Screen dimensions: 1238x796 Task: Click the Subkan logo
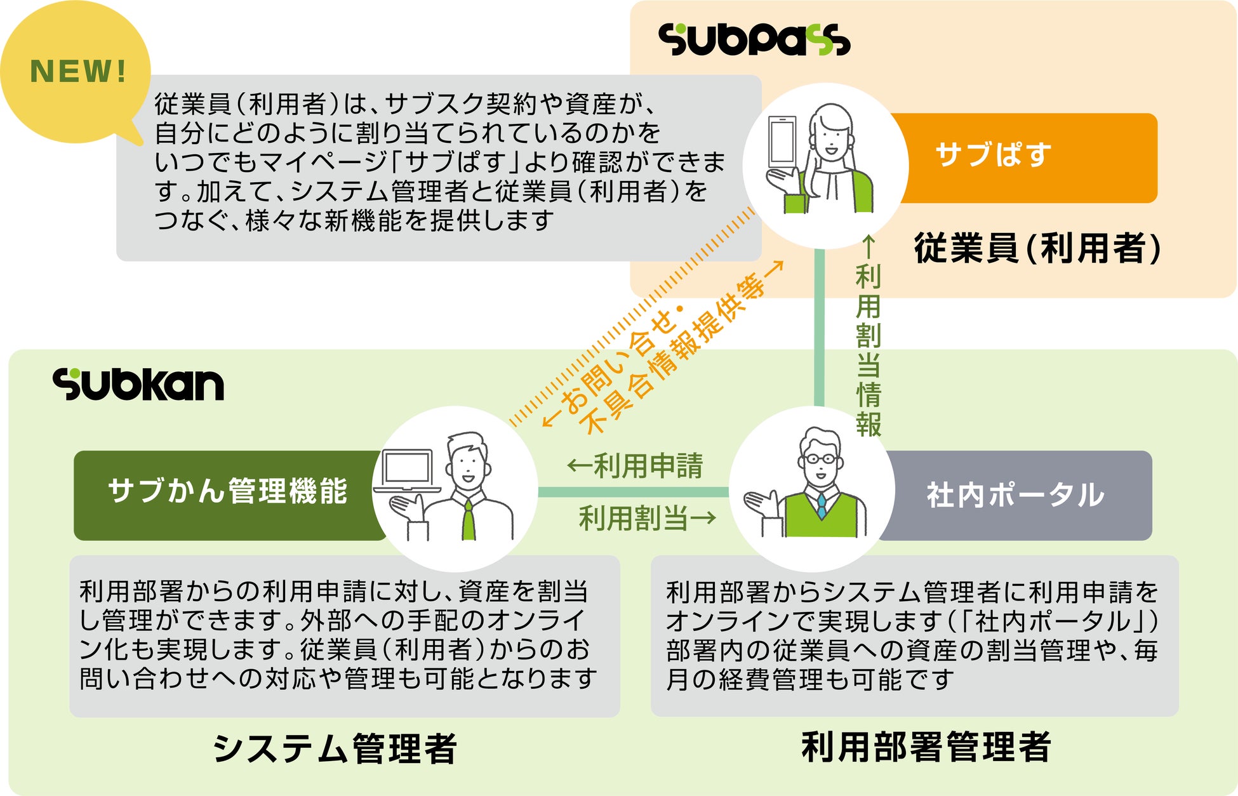138,385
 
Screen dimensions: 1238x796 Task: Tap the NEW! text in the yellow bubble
78,71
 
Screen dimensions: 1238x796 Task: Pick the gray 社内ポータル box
1016,495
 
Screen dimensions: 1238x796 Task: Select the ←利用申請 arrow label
635,466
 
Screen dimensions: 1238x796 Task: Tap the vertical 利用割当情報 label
868,349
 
